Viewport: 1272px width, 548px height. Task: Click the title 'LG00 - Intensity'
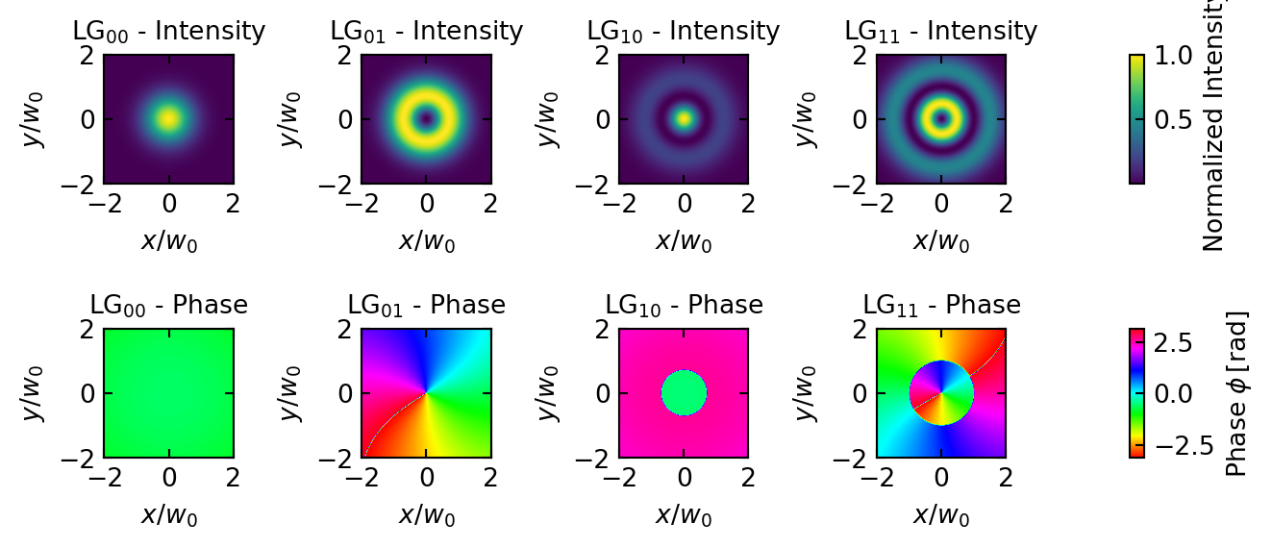(168, 32)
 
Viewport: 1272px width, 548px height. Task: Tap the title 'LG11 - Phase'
(941, 306)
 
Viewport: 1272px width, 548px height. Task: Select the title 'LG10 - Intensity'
(684, 32)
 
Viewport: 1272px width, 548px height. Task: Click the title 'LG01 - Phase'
(426, 306)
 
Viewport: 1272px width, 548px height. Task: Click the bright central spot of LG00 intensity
(169, 119)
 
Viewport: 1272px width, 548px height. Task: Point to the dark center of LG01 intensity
(427, 119)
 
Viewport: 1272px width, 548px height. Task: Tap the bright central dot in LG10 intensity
(684, 119)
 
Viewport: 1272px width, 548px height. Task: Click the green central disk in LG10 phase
(684, 393)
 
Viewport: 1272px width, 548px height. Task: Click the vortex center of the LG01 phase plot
(427, 393)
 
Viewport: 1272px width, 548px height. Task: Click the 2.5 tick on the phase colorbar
(1171, 342)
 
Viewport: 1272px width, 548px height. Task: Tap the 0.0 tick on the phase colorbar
(1171, 393)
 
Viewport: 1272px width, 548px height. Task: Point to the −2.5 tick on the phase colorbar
(1171, 444)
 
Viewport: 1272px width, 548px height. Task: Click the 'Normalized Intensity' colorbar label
(1213, 125)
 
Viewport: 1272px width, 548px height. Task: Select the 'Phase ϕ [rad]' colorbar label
(1236, 393)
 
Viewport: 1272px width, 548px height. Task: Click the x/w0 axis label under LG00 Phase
(169, 514)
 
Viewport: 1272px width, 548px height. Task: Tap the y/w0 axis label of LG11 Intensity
(809, 119)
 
